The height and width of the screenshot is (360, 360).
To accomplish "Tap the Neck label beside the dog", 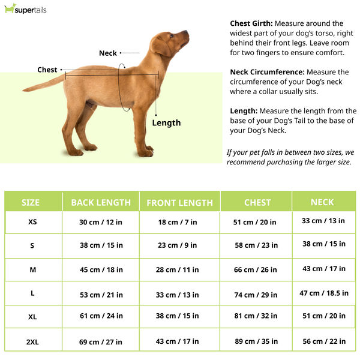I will click(108, 53).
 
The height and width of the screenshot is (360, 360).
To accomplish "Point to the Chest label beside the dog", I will click(47, 70).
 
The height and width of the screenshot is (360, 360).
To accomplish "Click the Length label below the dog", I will click(166, 123).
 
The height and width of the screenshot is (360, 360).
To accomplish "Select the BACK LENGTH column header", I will click(101, 202).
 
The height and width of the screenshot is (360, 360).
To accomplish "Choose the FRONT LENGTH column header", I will click(179, 203).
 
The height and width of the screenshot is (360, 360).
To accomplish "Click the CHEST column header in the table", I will click(257, 202).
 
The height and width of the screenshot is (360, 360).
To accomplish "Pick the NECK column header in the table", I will click(322, 202).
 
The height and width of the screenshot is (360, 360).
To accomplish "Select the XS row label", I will click(32, 222).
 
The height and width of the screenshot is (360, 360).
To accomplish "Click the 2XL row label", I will click(32, 341).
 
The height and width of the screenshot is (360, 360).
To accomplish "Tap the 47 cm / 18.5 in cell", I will click(324, 293).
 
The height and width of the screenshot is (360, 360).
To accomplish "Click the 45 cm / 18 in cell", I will click(101, 270).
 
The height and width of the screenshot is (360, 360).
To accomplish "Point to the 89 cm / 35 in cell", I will click(256, 341).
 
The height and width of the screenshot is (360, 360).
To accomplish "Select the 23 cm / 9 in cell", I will click(178, 245).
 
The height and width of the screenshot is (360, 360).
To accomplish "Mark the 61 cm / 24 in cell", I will click(101, 316).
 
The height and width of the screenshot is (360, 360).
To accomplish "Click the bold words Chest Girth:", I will click(251, 23).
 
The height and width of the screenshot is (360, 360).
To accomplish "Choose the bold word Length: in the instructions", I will click(244, 111).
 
